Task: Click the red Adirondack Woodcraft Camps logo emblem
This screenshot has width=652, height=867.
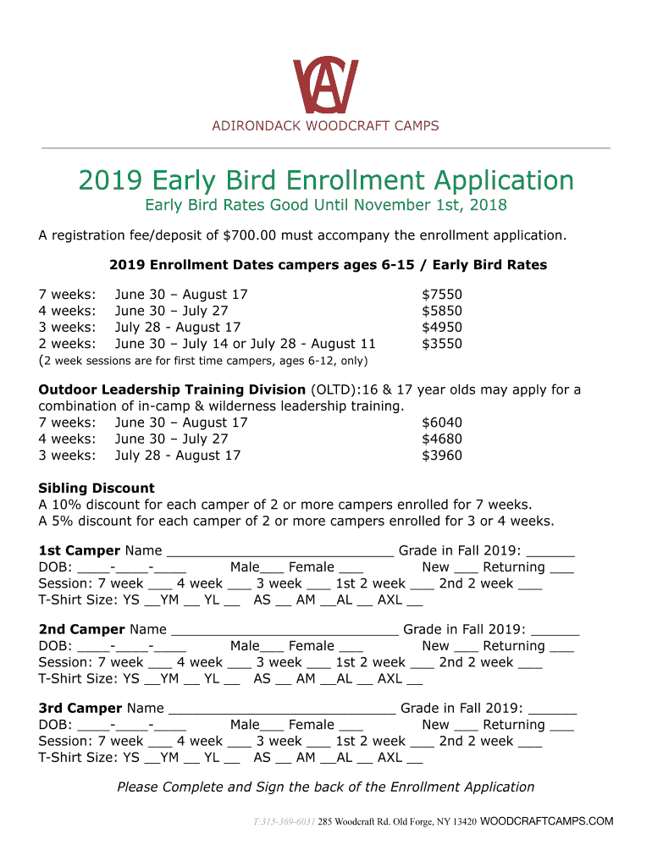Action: [x=325, y=86]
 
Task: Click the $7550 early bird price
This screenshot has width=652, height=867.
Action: [x=442, y=295]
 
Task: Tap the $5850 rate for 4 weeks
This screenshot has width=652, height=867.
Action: [x=442, y=311]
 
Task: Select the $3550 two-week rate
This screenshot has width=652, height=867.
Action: [x=442, y=344]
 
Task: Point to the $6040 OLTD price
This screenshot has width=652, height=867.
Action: [x=442, y=422]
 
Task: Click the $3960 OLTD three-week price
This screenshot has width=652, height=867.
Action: [x=442, y=456]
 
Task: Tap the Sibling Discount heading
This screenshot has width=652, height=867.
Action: [x=97, y=489]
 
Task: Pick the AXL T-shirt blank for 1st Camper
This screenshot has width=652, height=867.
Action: [x=414, y=605]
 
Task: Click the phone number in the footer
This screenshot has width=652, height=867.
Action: [x=284, y=822]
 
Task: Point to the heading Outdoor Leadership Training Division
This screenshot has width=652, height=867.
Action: [x=172, y=390]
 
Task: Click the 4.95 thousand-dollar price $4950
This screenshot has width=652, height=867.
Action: [x=442, y=328]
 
